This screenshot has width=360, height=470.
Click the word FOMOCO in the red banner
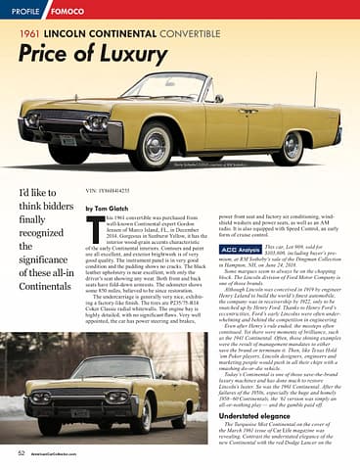(x=67, y=12)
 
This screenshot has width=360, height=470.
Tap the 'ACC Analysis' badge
(x=243, y=251)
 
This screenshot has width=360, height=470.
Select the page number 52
(x=21, y=454)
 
